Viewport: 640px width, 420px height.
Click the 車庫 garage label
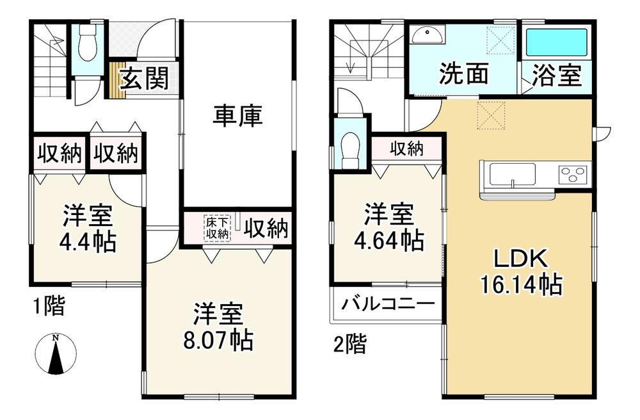(x=237, y=116)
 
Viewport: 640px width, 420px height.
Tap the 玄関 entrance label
(x=144, y=78)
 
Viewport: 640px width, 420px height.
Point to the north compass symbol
(x=56, y=354)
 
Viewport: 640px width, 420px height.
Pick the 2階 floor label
(x=350, y=344)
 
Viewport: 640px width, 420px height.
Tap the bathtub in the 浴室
(x=557, y=42)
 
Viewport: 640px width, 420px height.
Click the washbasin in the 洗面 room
(x=428, y=35)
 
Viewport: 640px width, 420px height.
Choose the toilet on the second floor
(x=350, y=150)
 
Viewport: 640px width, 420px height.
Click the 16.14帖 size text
(x=521, y=284)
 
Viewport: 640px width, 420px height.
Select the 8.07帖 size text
(x=218, y=341)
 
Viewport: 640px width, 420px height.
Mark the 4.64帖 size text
(x=388, y=240)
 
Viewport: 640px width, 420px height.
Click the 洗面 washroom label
(x=464, y=74)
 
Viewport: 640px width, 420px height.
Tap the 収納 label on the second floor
(x=406, y=149)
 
